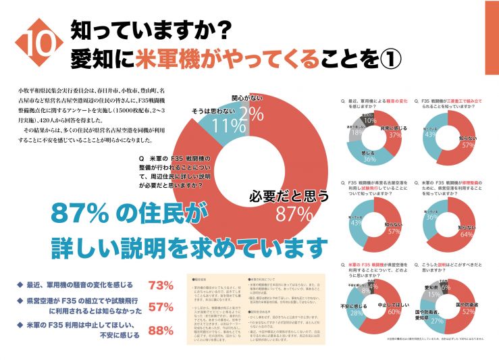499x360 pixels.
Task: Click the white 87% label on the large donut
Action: [296, 214]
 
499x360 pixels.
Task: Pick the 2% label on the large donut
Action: [251, 112]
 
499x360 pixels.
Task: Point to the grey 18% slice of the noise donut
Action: [358, 133]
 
